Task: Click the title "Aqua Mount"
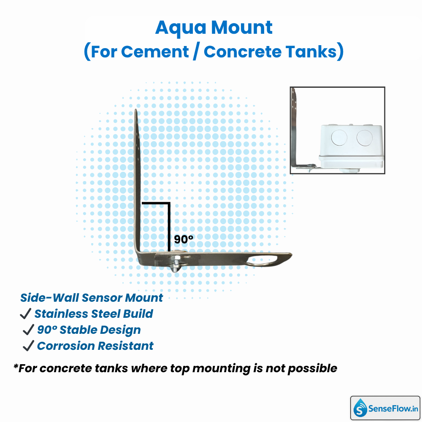[x=214, y=28]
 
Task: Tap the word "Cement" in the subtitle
[x=155, y=52]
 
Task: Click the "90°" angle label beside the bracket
[x=184, y=239]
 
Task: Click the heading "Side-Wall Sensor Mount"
[x=92, y=298]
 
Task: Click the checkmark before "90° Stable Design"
[x=29, y=330]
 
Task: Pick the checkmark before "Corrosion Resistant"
[x=28, y=346]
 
